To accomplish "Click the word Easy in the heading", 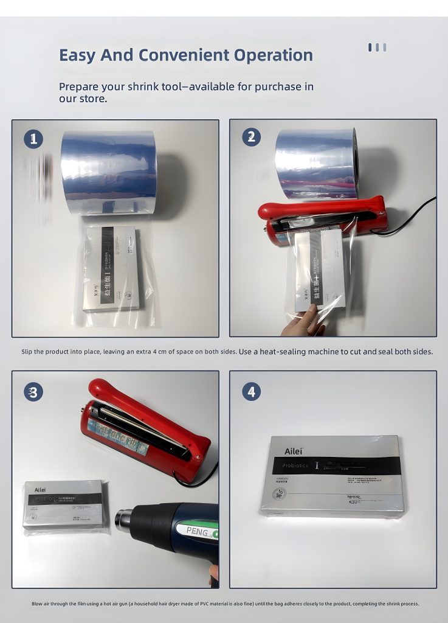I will [x=77, y=55].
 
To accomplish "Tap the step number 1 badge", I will [x=33, y=139].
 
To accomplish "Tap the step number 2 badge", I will [x=251, y=137].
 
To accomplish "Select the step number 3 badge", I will [x=33, y=392].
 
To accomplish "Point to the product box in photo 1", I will [x=115, y=268].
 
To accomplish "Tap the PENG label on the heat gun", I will [x=196, y=532].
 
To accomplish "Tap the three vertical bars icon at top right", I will [x=377, y=47].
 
